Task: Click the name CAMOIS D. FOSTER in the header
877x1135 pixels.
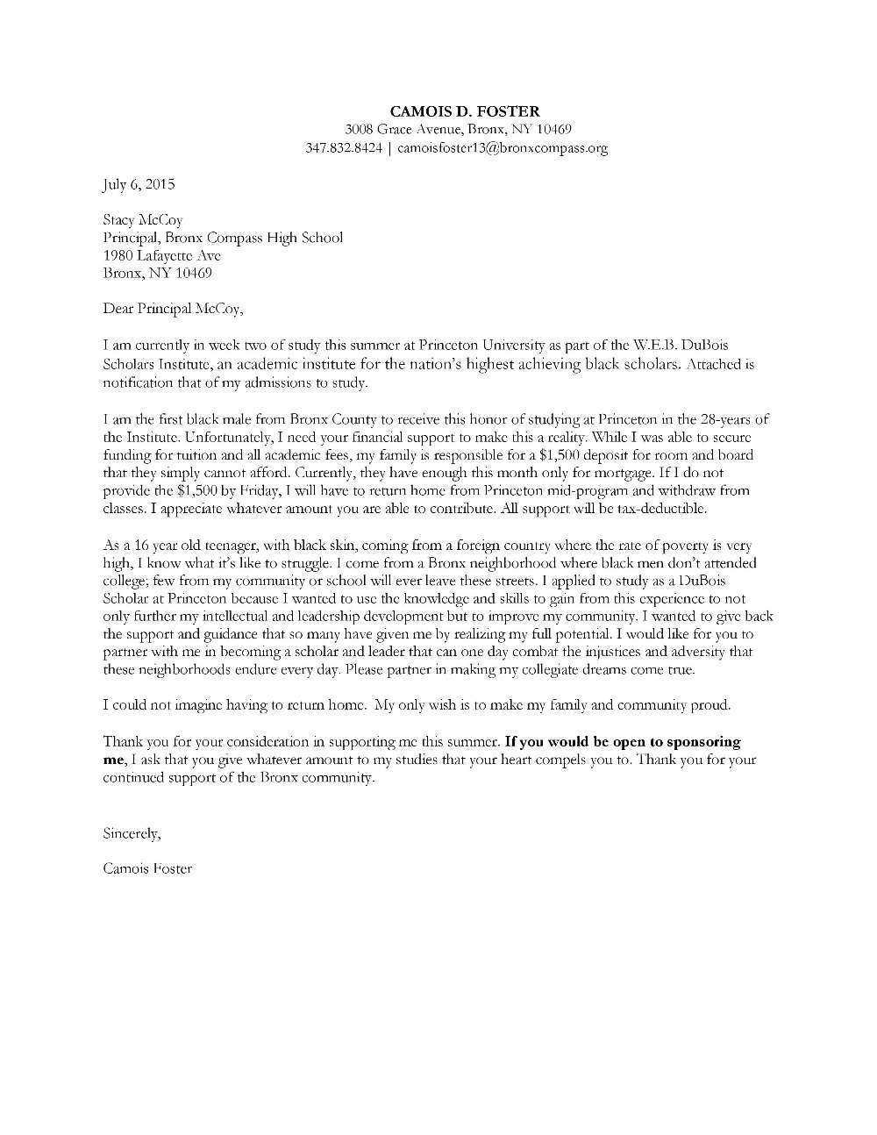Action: pyautogui.click(x=465, y=111)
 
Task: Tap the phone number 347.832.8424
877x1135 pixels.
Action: pyautogui.click(x=344, y=148)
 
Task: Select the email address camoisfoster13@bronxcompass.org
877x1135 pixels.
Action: pyautogui.click(x=503, y=148)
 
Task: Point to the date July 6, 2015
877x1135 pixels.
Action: pyautogui.click(x=139, y=184)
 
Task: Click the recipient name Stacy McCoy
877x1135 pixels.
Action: pyautogui.click(x=143, y=220)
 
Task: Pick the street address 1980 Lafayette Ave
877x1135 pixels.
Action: pyautogui.click(x=162, y=255)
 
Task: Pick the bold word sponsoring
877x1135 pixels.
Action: pyautogui.click(x=698, y=741)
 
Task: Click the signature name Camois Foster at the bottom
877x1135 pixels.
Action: pyautogui.click(x=147, y=868)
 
